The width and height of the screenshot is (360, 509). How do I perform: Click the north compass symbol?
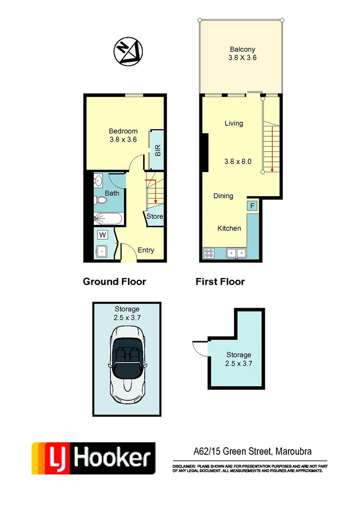(128, 50)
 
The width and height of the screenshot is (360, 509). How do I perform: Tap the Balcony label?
(243, 49)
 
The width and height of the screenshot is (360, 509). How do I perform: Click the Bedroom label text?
(123, 131)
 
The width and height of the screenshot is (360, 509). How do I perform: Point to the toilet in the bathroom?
(101, 200)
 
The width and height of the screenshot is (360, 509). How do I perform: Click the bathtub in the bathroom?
(108, 218)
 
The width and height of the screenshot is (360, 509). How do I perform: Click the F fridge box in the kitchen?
(252, 206)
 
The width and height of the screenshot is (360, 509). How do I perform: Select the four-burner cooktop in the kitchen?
(209, 253)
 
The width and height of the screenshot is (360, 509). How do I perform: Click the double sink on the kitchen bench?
(237, 253)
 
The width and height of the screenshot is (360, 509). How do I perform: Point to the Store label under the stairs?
(155, 217)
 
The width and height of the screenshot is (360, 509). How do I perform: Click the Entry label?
(146, 250)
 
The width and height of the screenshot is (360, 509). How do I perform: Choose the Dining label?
(223, 196)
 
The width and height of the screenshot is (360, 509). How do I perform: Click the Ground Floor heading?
(115, 282)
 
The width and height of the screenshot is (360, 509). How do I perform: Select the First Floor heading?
(220, 282)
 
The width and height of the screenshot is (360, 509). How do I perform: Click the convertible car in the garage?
(126, 365)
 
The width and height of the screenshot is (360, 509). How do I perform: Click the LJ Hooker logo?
(93, 458)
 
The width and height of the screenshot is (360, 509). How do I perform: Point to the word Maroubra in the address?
(295, 452)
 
